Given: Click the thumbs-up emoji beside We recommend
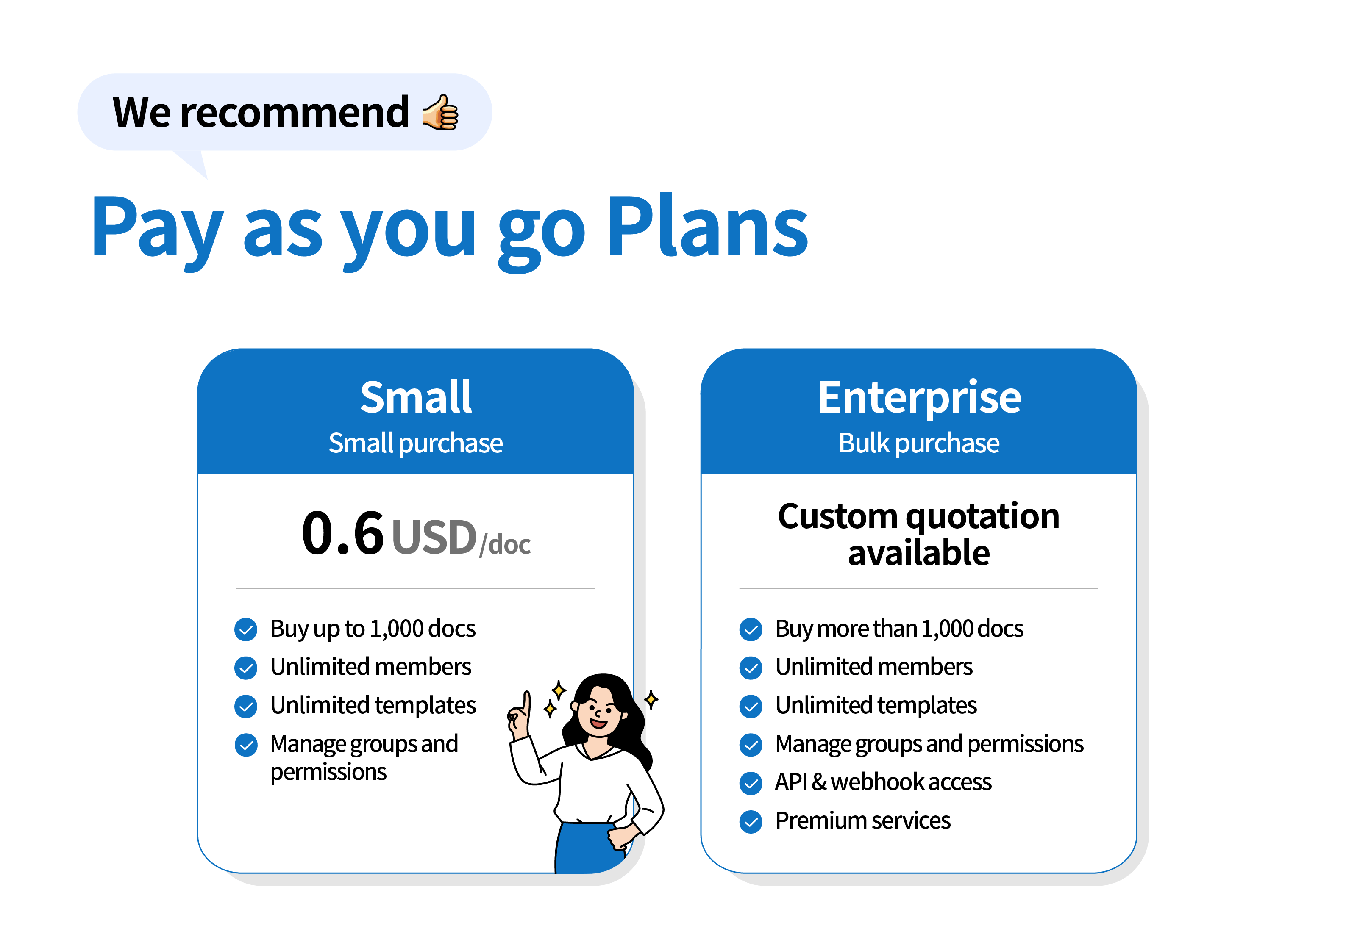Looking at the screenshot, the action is pos(440,112).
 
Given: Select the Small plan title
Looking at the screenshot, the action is pos(416,397).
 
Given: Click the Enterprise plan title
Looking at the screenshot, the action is pos(919,398).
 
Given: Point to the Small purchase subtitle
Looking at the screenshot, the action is pos(416,443).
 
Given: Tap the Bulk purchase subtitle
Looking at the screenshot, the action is pos(919,443).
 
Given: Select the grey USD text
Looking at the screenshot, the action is pos(434,537).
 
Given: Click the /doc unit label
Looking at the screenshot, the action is pos(505,545).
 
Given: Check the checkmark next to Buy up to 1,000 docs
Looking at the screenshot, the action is pos(246,630).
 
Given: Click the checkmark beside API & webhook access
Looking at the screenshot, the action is pos(751,783).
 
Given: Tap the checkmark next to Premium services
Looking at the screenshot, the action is pos(751,822).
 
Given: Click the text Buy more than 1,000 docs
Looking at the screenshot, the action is pos(899,629).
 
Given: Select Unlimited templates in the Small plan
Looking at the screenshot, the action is pos(373,705).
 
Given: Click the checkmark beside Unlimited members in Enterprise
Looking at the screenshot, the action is pos(751,668).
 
